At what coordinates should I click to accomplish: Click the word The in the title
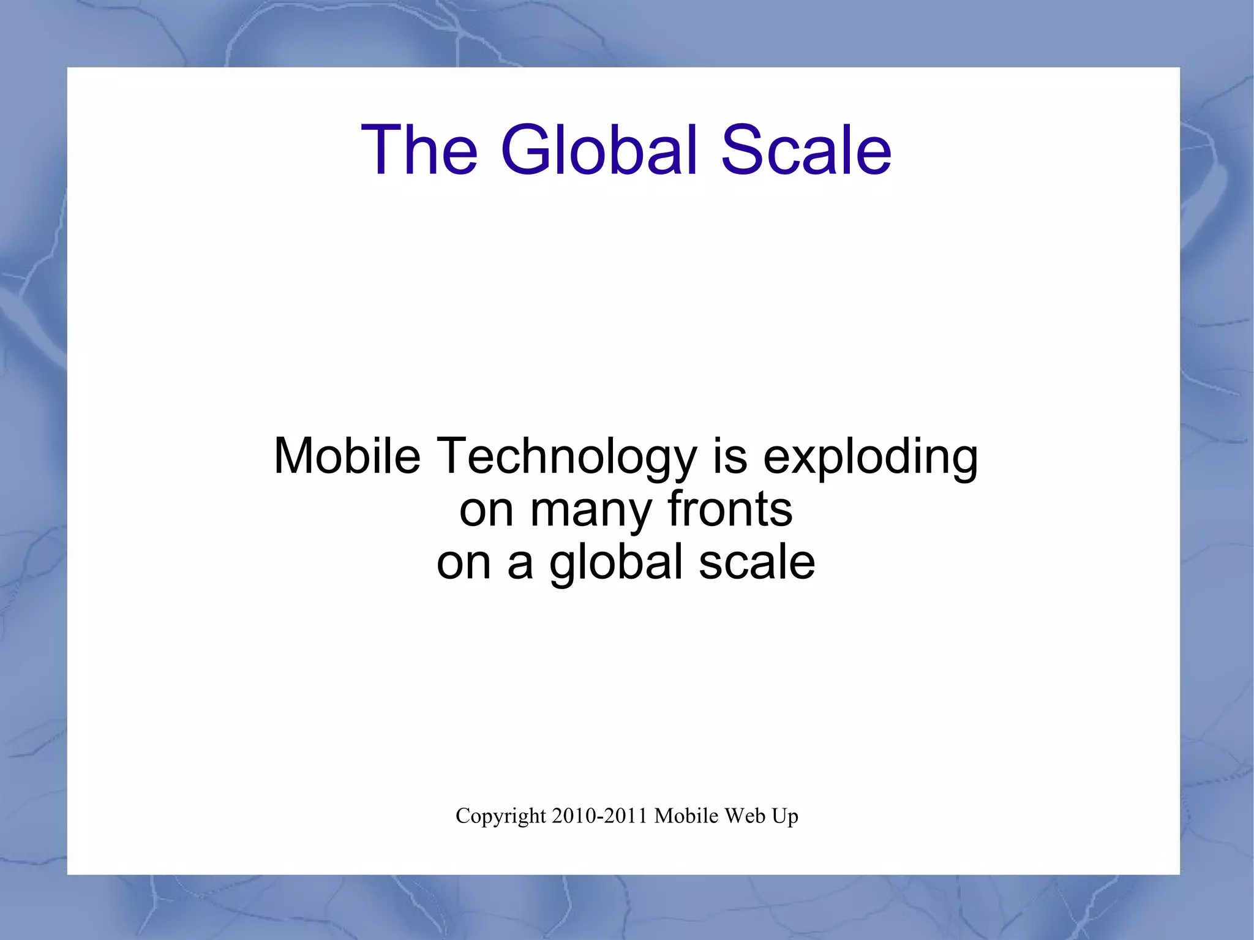click(419, 150)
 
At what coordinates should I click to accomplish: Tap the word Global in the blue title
click(599, 150)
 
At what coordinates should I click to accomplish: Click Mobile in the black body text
click(347, 456)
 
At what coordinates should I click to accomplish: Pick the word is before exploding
click(730, 456)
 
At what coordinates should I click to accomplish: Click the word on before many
click(486, 510)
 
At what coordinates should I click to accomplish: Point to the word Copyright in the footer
click(500, 816)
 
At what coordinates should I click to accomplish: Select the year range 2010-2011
click(599, 816)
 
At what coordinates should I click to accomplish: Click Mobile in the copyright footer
click(686, 816)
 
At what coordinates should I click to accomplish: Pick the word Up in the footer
click(785, 817)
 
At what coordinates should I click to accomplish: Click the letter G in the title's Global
click(527, 150)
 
